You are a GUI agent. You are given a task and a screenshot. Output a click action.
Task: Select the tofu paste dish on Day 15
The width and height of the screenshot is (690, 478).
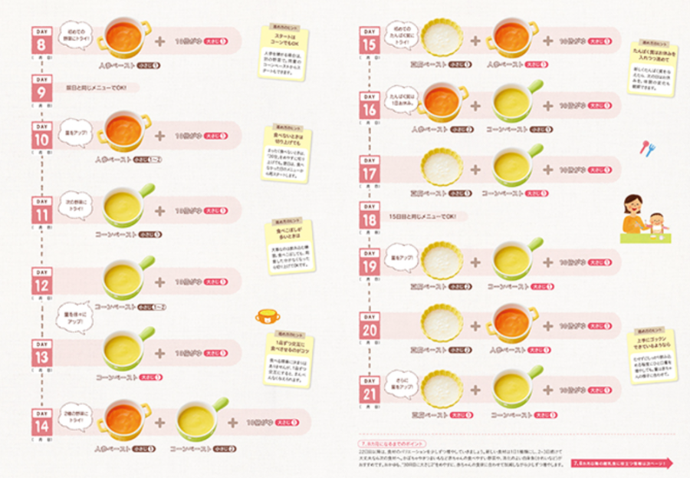pyautogui.click(x=442, y=39)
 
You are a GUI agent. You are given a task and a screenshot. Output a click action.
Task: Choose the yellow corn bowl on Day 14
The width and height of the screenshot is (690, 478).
pyautogui.click(x=199, y=419)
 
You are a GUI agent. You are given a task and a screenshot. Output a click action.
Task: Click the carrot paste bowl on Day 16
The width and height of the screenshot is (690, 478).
pyautogui.click(x=442, y=100)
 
